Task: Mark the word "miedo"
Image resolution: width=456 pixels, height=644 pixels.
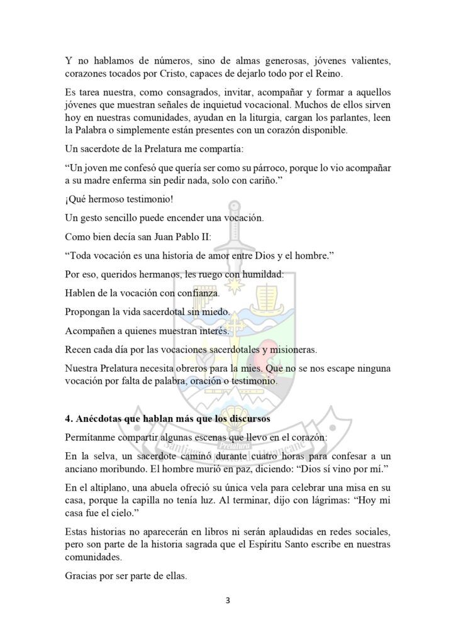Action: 218,312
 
